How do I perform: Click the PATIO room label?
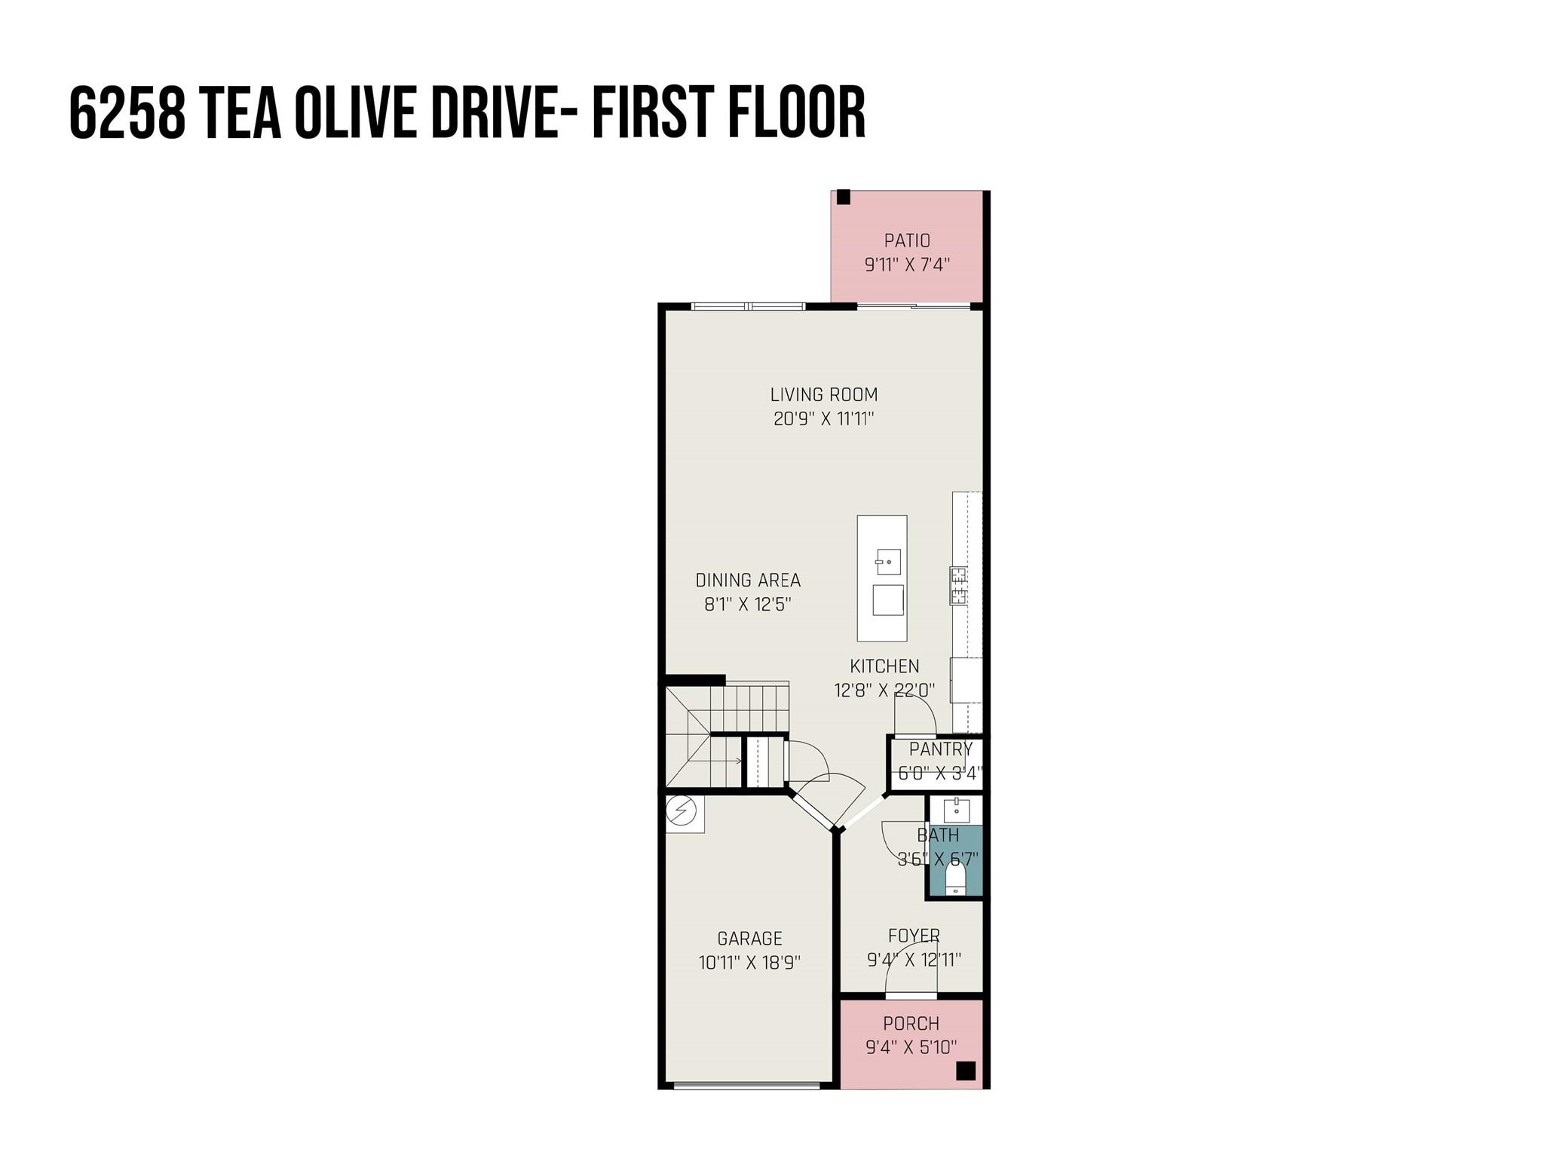coord(907,240)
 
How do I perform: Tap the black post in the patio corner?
coord(844,198)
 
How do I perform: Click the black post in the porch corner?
coord(965,1071)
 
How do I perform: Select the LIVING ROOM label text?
coord(823,394)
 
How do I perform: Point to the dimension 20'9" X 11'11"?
coord(823,419)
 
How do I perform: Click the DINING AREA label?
coord(747,580)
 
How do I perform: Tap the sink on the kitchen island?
coord(888,562)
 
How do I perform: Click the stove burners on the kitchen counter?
coord(958,586)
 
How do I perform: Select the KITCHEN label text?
coord(884,666)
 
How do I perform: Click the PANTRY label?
coord(940,749)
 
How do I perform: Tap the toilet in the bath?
coord(955,878)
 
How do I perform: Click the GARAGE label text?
coord(749,939)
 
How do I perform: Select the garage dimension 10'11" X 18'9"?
coord(749,963)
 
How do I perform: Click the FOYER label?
coord(914,936)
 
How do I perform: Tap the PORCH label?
coord(911,1023)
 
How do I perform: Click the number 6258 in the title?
coord(127,113)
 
